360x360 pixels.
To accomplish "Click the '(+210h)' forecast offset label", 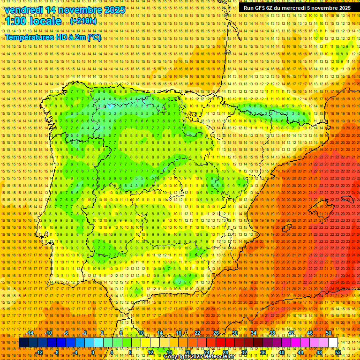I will pyautogui.click(x=83, y=21).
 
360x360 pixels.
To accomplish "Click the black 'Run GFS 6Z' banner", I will pyautogui.click(x=297, y=8).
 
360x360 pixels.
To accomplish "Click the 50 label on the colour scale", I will pyautogui.click(x=329, y=333).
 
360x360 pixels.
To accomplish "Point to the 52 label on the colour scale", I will pyautogui.click(x=338, y=352).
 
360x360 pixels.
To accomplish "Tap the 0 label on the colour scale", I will pyautogui.click(x=93, y=352).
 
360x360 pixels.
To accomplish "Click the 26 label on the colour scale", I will pyautogui.click(x=216, y=333).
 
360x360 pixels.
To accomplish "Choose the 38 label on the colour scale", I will pyautogui.click(x=272, y=333).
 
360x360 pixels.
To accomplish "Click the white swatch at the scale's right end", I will pyautogui.click(x=333, y=343).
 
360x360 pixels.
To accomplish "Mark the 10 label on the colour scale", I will pyautogui.click(x=141, y=333).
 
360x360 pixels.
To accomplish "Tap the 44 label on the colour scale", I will pyautogui.click(x=300, y=352).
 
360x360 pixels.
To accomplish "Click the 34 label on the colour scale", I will pyautogui.click(x=254, y=333).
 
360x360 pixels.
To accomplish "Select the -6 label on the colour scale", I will pyautogui.click(x=66, y=333).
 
